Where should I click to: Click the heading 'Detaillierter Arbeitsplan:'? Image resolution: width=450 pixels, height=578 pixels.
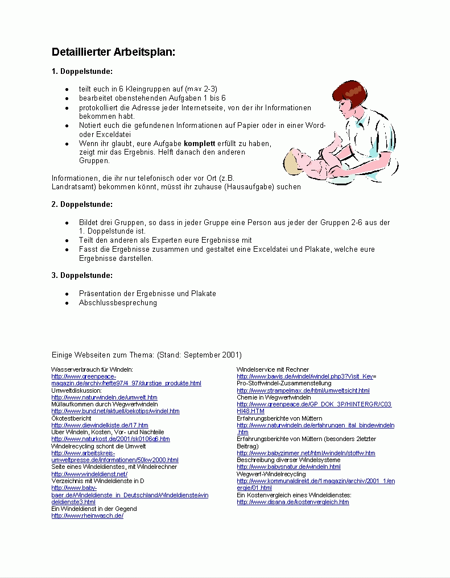[x=113, y=52]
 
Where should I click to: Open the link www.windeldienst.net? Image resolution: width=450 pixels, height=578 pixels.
[x=89, y=474]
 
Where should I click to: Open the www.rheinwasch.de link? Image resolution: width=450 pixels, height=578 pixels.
[x=87, y=515]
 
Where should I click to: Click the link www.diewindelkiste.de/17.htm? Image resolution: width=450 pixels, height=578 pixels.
[x=100, y=425]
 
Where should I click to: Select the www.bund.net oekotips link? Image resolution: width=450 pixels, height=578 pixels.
[x=115, y=411]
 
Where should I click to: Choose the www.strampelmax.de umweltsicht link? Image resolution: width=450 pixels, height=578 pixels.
[x=303, y=391]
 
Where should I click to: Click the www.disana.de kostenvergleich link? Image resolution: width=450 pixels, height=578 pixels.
[x=292, y=502]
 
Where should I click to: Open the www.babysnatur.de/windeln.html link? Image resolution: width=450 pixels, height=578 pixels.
[x=288, y=467]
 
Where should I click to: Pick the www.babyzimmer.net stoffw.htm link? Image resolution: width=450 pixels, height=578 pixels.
[x=305, y=453]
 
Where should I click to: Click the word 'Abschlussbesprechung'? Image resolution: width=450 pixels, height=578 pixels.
[x=118, y=303]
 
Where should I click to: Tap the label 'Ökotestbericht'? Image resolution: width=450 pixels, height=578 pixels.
[x=71, y=418]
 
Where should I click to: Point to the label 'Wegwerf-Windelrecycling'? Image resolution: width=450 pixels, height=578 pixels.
[x=271, y=474]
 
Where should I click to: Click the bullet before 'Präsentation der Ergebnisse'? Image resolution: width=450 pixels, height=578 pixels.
[x=67, y=294]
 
